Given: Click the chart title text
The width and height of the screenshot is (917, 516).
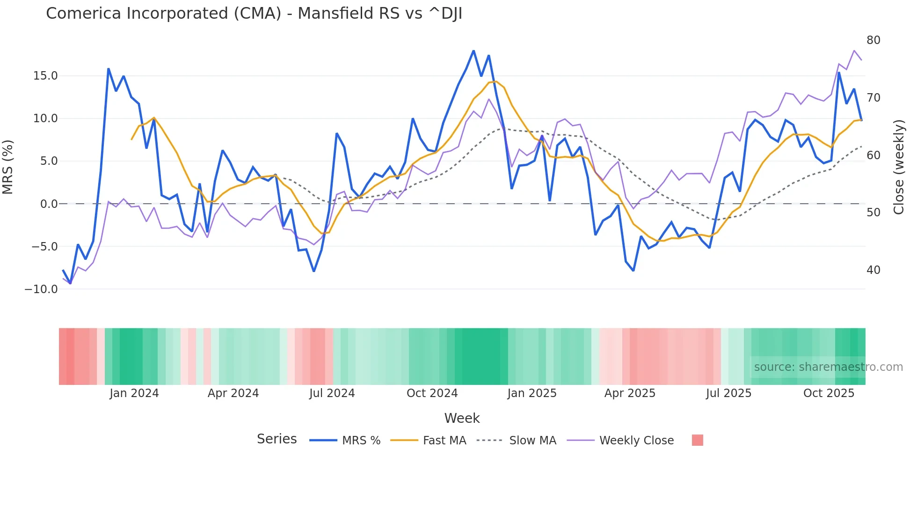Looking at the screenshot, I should tap(254, 14).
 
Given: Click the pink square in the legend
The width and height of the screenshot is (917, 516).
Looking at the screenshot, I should tap(697, 440).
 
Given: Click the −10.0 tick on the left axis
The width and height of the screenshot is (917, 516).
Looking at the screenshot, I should tap(41, 289).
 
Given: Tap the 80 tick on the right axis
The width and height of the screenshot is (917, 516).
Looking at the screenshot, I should tap(873, 40).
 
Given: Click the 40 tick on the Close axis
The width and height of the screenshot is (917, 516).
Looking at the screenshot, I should tap(873, 270).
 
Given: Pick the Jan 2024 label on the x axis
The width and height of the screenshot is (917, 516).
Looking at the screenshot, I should tap(134, 393).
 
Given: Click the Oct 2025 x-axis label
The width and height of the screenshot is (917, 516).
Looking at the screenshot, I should tap(829, 393).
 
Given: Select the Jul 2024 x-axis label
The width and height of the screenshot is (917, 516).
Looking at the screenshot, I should tap(332, 393).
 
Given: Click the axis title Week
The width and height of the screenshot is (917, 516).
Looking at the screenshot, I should tap(462, 418).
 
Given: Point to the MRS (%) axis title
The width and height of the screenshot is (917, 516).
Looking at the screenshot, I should tap(8, 167).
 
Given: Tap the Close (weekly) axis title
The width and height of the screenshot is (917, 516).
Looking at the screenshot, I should tap(898, 167).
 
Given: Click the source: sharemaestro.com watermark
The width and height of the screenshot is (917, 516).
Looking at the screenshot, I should tap(828, 367).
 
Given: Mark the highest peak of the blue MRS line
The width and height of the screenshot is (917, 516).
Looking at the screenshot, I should tap(473, 51).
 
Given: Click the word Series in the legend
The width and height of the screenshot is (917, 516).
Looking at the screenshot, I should tap(277, 439).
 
